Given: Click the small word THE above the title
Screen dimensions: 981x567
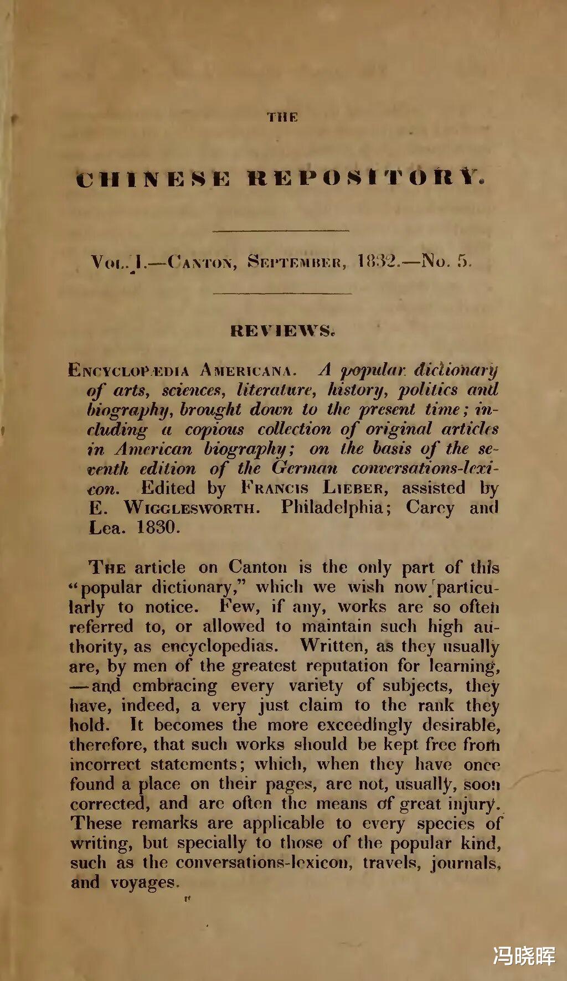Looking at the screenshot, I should tap(282, 117).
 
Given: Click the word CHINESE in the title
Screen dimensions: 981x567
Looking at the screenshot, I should tap(153, 179).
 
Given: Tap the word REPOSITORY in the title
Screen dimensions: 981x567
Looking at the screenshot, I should tap(366, 179).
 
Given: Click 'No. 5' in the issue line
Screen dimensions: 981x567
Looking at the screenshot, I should tap(446, 260).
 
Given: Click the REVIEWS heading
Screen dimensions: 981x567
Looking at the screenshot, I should tap(282, 331).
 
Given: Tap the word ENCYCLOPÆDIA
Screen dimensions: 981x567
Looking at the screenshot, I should tap(128, 370).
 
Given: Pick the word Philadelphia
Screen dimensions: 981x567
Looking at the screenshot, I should tap(331, 507).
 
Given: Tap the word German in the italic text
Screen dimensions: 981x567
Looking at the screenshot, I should tap(304, 468).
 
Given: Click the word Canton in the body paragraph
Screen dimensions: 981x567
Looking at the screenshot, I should tap(258, 567).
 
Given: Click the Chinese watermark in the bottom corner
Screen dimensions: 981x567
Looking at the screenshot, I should tap(524, 956).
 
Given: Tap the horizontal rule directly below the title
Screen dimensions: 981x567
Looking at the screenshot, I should tap(280, 230).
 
